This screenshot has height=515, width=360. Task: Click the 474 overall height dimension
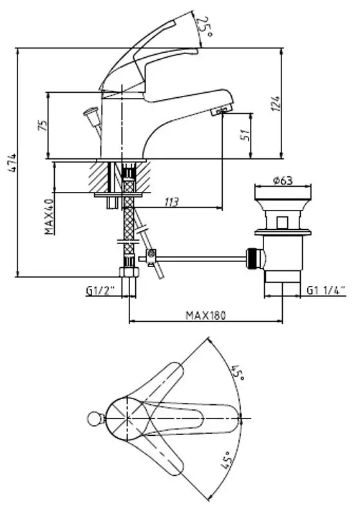12,163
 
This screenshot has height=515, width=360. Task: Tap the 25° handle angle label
204,27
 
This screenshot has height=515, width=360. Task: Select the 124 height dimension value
276,104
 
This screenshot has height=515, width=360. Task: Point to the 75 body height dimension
43,126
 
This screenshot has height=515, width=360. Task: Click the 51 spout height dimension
246,135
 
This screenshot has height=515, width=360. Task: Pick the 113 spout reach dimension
172,202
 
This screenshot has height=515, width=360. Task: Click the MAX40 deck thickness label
50,216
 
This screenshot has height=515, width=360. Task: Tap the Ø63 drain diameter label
283,180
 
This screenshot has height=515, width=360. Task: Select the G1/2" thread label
100,290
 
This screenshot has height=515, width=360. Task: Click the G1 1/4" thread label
326,290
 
